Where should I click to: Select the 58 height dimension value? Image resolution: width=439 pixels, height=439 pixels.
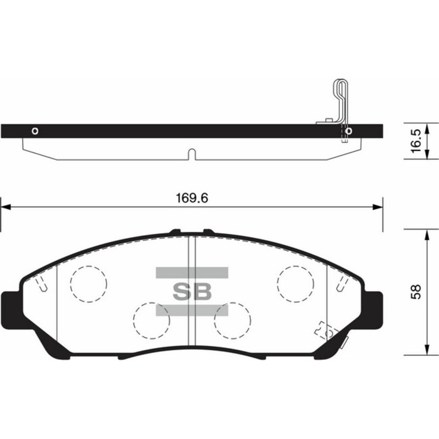(415, 293)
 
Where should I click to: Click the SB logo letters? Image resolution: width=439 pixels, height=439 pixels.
(192, 291)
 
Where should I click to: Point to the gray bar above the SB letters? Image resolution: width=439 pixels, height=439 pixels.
(192, 272)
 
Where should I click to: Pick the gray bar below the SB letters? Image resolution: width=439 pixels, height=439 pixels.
(192, 309)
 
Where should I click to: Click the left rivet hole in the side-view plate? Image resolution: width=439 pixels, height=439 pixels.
(35, 131)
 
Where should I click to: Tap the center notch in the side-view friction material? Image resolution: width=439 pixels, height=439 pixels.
(192, 154)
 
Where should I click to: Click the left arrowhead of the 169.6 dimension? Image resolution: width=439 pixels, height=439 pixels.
(5, 206)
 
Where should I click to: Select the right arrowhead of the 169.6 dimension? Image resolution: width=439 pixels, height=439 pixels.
(378, 206)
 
